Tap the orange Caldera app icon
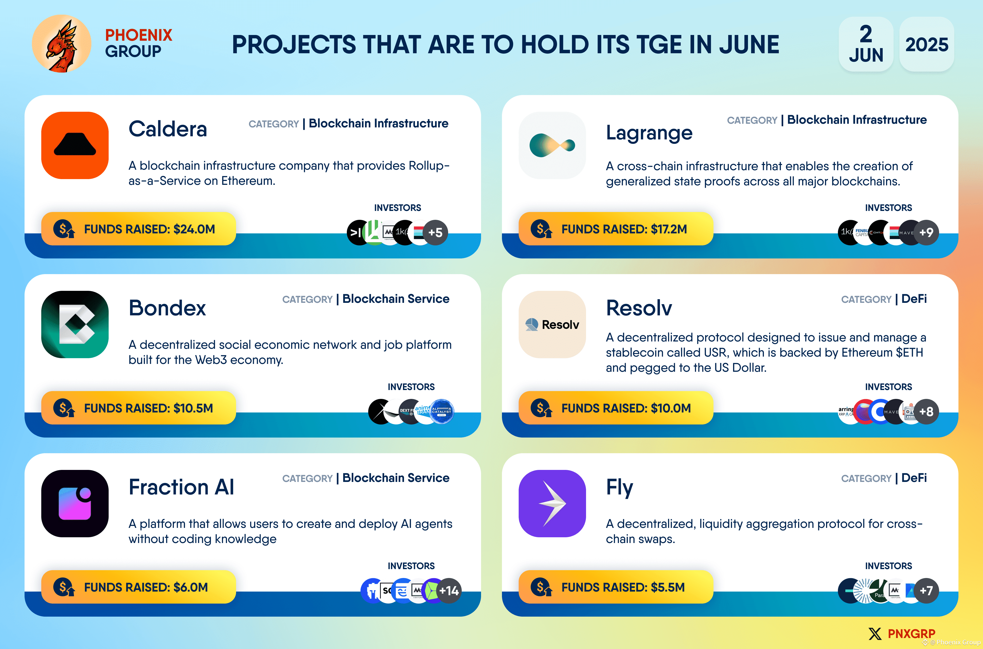(75, 145)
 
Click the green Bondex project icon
(75, 324)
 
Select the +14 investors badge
(449, 591)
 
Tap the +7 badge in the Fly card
(926, 591)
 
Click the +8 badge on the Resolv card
(926, 411)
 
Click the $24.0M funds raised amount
(194, 229)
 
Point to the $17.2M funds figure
(669, 229)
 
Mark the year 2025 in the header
(927, 45)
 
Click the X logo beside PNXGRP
(875, 634)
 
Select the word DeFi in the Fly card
(914, 478)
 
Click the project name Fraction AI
(181, 487)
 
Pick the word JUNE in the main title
(749, 45)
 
